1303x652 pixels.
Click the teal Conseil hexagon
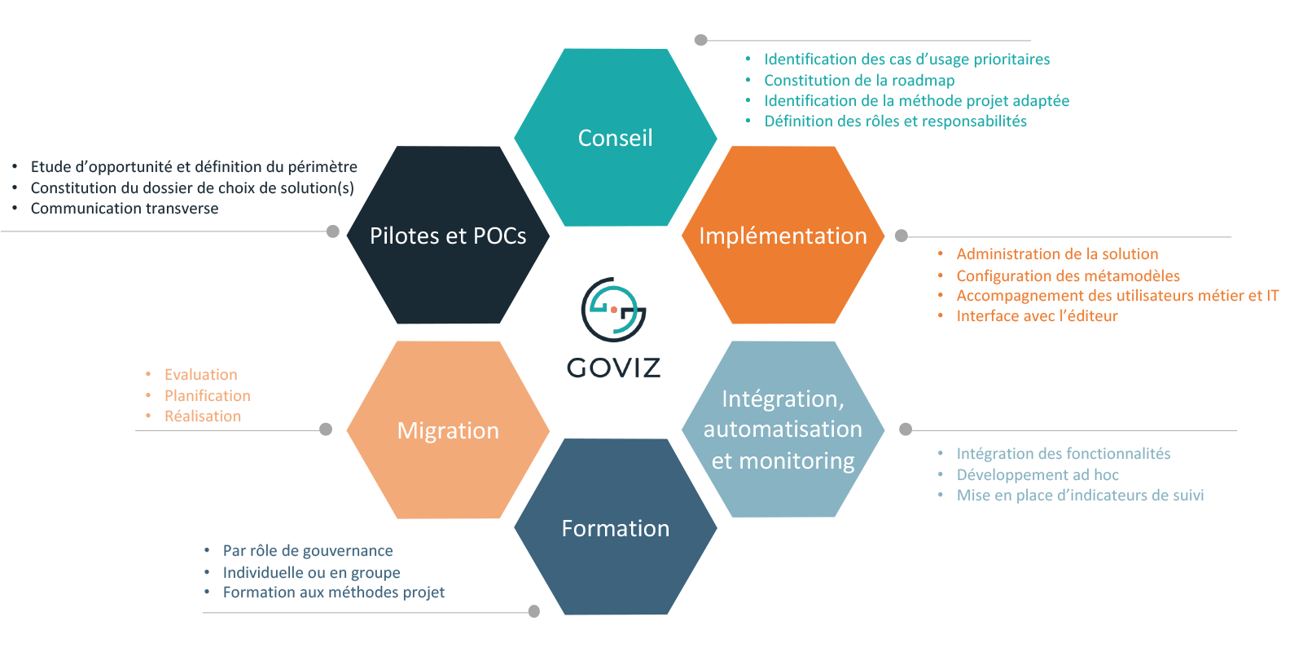(616, 137)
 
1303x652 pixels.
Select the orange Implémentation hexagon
(783, 236)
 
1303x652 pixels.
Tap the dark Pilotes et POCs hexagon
(448, 236)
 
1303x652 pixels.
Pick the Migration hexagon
(448, 430)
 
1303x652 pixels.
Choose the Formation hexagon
(616, 528)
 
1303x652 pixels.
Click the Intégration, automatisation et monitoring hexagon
(783, 430)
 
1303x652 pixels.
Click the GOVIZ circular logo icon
(613, 310)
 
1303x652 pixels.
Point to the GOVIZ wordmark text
(613, 368)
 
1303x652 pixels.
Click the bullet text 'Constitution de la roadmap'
(859, 80)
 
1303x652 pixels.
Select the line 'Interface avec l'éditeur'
(1037, 316)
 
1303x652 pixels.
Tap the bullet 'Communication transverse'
(125, 209)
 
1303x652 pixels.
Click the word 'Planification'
(208, 395)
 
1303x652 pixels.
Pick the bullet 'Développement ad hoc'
(1038, 474)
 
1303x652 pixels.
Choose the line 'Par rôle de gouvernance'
(308, 551)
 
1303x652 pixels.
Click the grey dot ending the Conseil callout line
(701, 40)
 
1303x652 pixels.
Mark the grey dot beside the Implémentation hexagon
(902, 236)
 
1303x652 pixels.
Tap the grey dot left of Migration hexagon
(326, 430)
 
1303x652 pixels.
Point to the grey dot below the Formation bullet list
(534, 611)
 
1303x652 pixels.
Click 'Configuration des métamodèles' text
(1068, 275)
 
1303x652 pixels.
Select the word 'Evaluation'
(201, 375)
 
